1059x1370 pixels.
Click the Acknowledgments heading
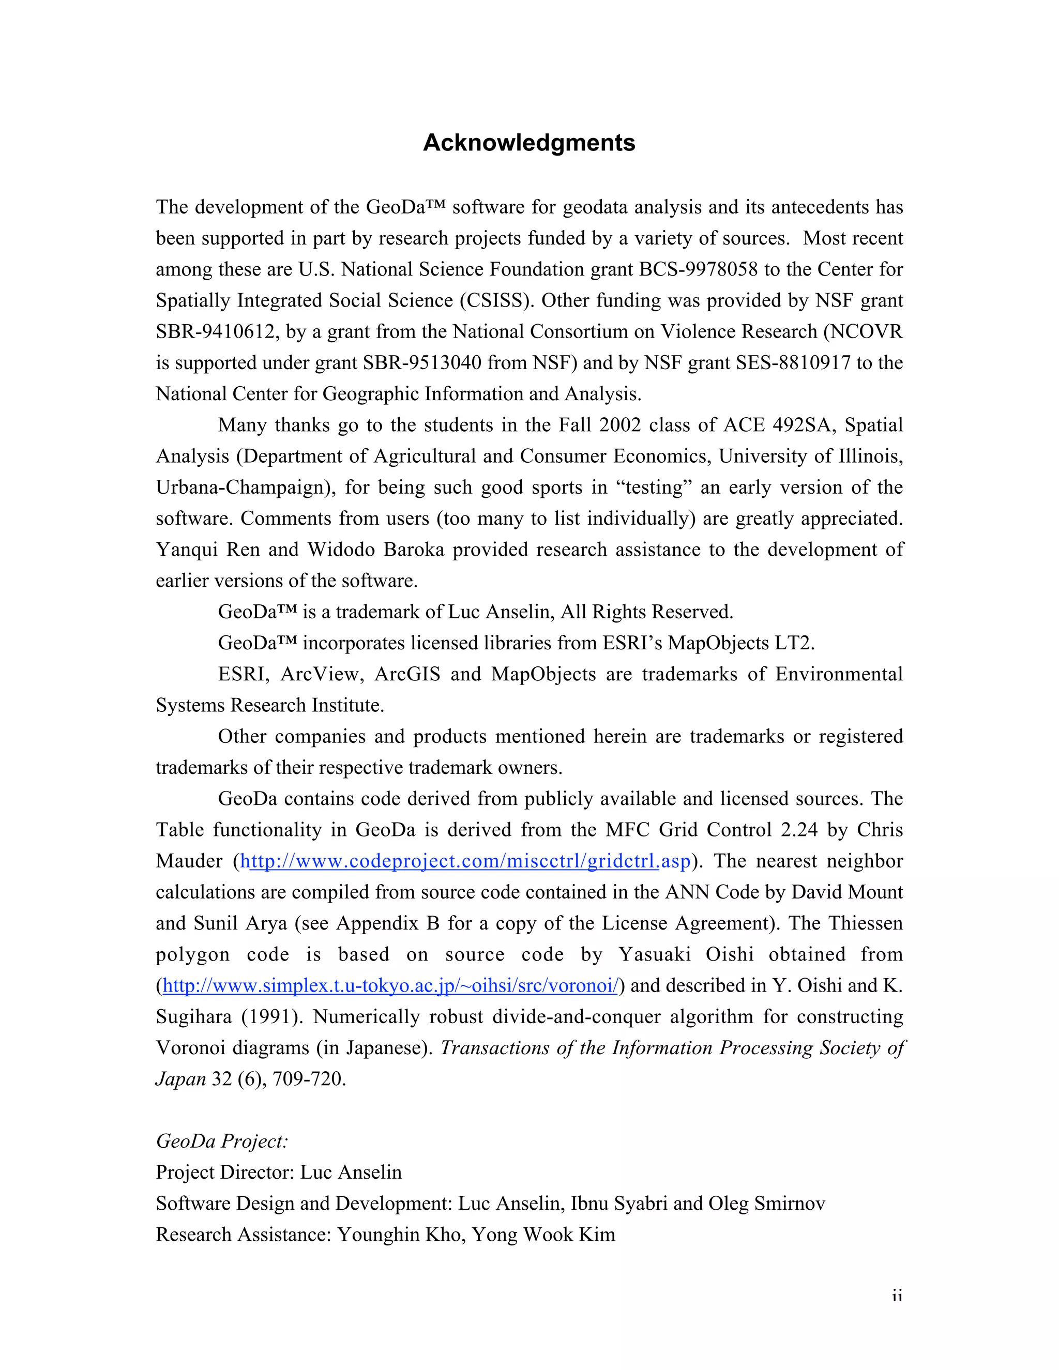[x=529, y=143]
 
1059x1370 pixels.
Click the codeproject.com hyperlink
[x=465, y=861]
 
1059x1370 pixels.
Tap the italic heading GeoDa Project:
[x=221, y=1141]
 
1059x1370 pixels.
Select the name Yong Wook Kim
[x=543, y=1235]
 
